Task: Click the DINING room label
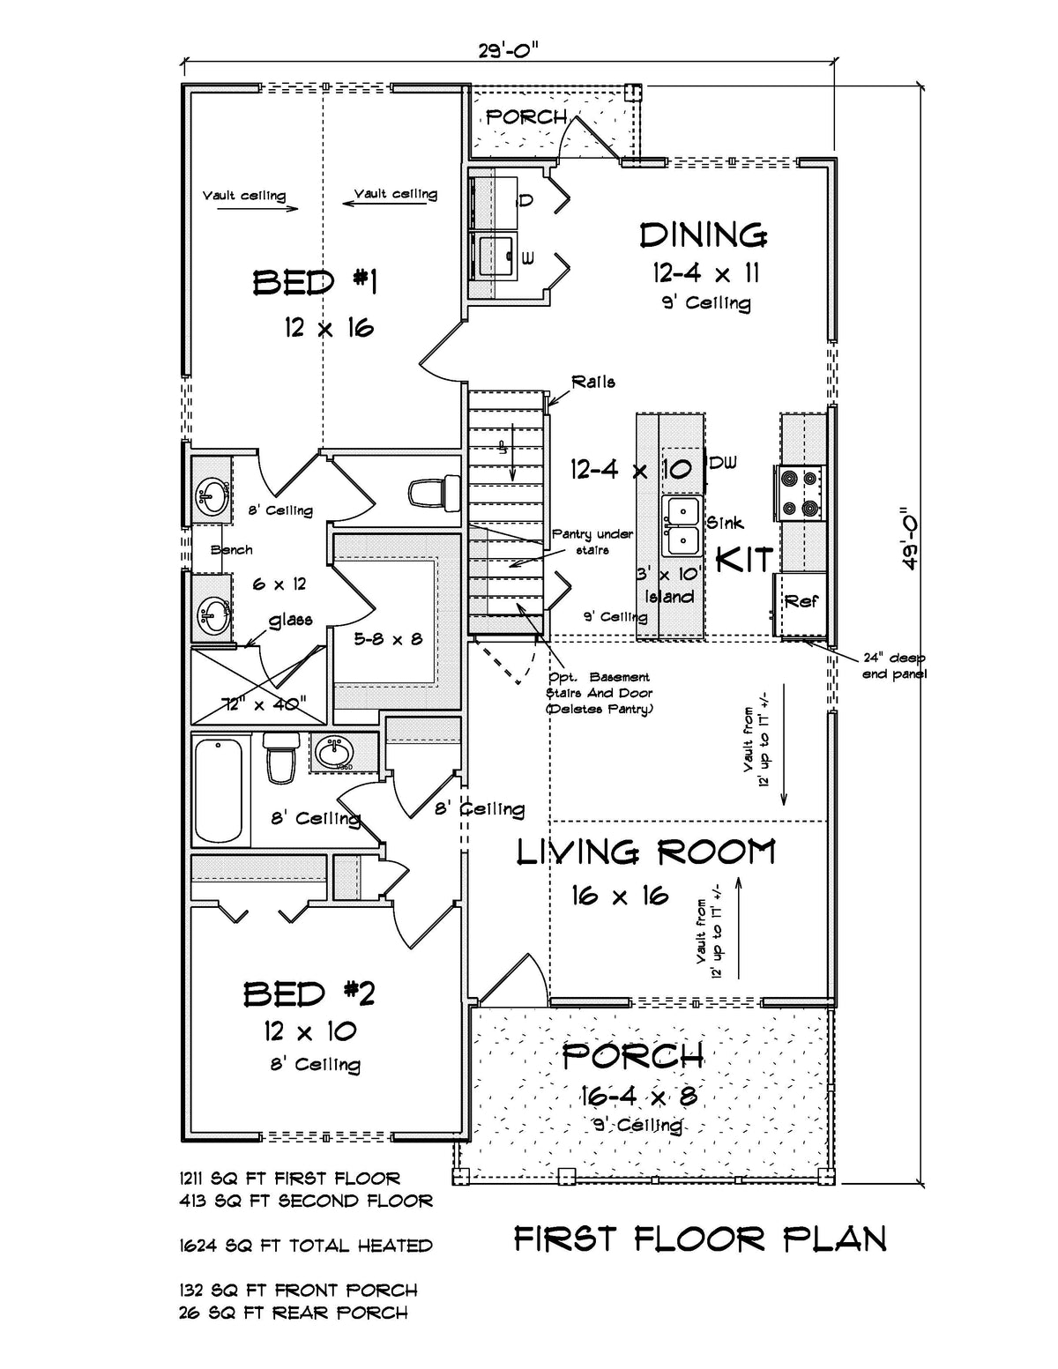703,235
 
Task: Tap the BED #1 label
315,283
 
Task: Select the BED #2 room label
309,994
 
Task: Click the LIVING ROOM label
645,852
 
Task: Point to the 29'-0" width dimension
508,50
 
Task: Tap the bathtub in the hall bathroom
218,791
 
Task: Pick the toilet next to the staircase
436,492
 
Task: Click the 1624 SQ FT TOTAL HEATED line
306,1246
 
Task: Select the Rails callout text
592,382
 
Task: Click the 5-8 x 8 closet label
389,638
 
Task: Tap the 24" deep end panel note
894,666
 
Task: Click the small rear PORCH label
526,116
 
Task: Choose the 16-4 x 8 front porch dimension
638,1096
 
